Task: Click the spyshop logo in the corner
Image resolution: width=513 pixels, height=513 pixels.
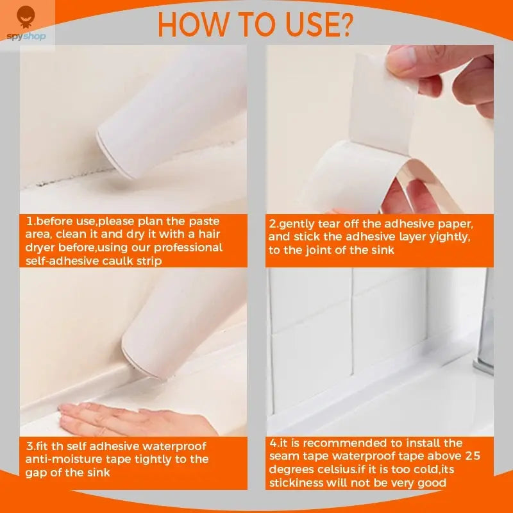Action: click(x=26, y=24)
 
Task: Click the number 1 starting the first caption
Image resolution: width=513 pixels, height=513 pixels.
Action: click(x=29, y=221)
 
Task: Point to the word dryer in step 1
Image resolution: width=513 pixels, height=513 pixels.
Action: click(x=43, y=248)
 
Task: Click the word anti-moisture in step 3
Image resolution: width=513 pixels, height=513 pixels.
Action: click(x=58, y=459)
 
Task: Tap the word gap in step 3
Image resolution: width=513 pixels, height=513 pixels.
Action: click(x=37, y=473)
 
